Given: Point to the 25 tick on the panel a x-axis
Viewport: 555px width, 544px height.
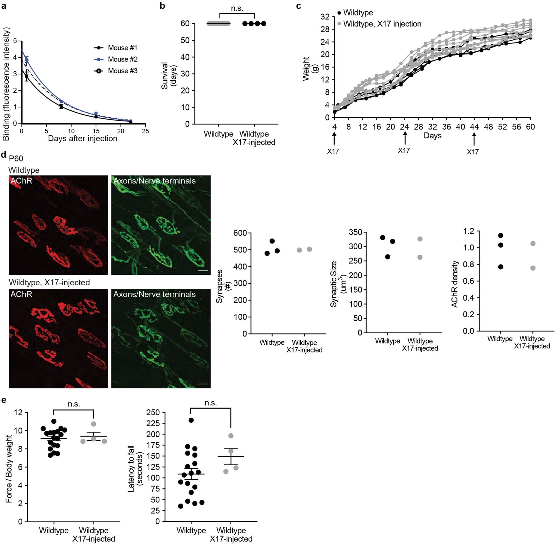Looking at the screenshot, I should (x=145, y=131).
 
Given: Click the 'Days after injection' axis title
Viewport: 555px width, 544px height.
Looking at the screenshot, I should (x=83, y=138).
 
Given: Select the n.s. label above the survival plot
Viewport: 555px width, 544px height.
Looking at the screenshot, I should (x=237, y=8).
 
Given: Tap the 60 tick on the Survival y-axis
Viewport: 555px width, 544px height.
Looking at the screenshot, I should (x=185, y=23).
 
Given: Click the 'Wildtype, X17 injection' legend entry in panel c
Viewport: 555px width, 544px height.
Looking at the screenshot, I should (x=382, y=24).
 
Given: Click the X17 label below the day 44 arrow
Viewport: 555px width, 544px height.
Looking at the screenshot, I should (x=472, y=152).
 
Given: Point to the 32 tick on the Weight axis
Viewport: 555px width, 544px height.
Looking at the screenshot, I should (x=325, y=17).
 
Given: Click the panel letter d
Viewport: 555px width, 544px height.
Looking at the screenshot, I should (x=3, y=155).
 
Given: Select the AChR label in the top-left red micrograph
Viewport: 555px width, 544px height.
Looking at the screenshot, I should (x=21, y=181).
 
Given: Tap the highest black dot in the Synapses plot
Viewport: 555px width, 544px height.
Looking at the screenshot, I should (x=272, y=241).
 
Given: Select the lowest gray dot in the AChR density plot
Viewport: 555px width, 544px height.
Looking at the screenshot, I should (x=533, y=268).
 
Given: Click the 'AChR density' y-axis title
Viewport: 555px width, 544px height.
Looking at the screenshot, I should (x=455, y=284).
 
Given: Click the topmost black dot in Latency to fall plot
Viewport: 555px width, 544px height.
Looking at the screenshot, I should (x=191, y=420).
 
